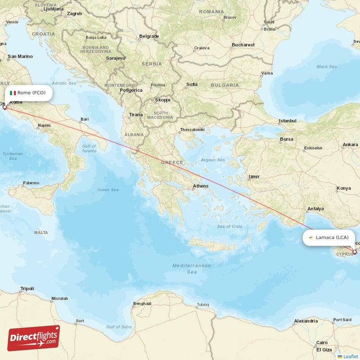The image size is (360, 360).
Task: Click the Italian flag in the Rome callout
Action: pyautogui.click(x=13, y=93)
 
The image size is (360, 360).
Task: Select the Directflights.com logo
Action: pyautogui.click(x=34, y=338)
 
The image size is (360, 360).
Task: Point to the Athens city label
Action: pyautogui.click(x=200, y=186)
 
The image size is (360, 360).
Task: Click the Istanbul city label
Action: pyautogui.click(x=288, y=121)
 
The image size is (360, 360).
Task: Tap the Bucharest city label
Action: pyautogui.click(x=243, y=45)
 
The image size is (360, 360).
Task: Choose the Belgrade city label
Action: pyautogui.click(x=149, y=36)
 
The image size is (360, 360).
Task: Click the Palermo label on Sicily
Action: pyautogui.click(x=31, y=183)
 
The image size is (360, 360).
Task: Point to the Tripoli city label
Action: pyautogui.click(x=27, y=288)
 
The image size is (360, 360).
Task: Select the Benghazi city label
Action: pyautogui.click(x=142, y=304)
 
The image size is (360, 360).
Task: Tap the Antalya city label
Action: pyautogui.click(x=315, y=209)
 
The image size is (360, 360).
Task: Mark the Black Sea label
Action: pyautogui.click(x=326, y=67)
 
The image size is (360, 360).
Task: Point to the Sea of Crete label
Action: pyautogui.click(x=229, y=226)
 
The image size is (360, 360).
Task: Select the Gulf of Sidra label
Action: pyautogui.click(x=118, y=326)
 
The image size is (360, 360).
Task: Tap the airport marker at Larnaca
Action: pyautogui.click(x=355, y=252)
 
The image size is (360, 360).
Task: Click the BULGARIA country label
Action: pyautogui.click(x=225, y=85)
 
